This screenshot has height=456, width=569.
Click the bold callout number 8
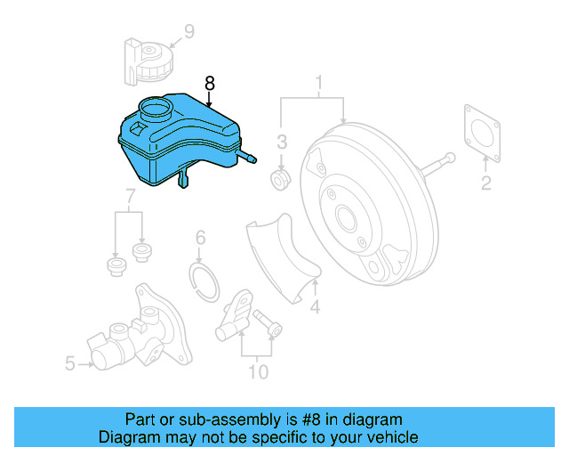[x=210, y=83]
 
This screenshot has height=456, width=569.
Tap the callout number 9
[x=189, y=31]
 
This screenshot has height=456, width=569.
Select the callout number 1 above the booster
[x=318, y=83]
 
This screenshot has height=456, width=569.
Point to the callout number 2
[x=486, y=183]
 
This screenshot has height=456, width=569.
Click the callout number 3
[x=282, y=142]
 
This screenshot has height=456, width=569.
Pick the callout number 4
[x=315, y=306]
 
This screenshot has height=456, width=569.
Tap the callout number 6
[x=200, y=238]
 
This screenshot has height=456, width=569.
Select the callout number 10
[x=259, y=372]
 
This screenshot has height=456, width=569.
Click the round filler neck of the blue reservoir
[x=156, y=109]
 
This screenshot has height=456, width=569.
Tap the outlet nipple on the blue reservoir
[x=247, y=157]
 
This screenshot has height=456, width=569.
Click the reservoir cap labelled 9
[x=149, y=61]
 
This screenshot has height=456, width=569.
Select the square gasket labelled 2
[x=482, y=134]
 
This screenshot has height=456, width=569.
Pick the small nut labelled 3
[x=281, y=179]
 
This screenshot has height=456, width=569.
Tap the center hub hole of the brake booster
[x=346, y=218]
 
